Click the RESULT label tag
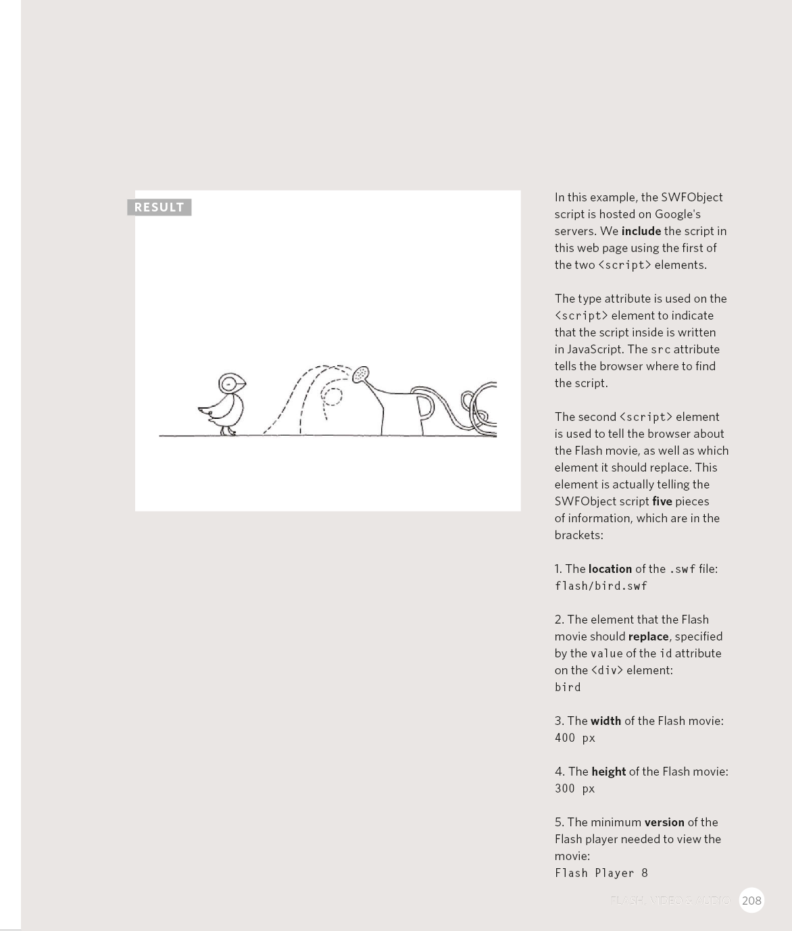[x=159, y=207]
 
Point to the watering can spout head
[x=361, y=374]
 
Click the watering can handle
[x=424, y=407]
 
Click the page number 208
[x=751, y=901]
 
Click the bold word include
[x=641, y=231]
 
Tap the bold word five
[x=662, y=501]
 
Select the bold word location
[x=610, y=569]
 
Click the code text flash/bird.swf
[x=601, y=586]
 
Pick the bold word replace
[x=648, y=636]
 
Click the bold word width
[x=605, y=721]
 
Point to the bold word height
[x=608, y=772]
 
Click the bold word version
[x=664, y=822]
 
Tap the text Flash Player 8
[x=601, y=873]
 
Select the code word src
[x=660, y=350]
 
